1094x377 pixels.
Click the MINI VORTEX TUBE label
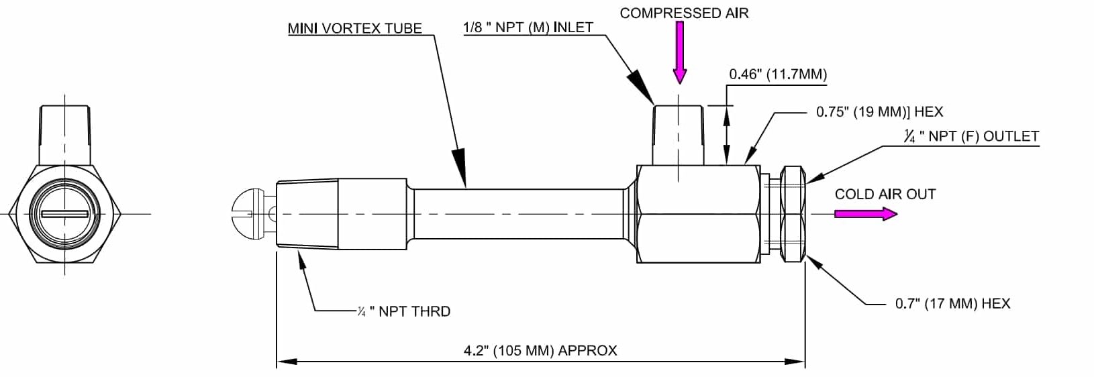[354, 28]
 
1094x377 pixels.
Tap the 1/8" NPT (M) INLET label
[528, 28]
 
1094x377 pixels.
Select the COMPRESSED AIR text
[684, 13]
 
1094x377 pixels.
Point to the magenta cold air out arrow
[865, 214]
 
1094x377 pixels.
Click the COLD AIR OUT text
[885, 195]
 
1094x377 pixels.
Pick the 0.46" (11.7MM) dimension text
[778, 74]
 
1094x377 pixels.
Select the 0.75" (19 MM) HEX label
[879, 112]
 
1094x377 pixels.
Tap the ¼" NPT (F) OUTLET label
[971, 136]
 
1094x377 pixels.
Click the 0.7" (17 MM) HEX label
[952, 304]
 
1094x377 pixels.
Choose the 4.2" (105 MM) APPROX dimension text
[540, 350]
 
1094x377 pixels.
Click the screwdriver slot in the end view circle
[64, 214]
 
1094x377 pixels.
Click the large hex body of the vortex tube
[698, 213]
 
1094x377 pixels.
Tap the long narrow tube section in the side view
[520, 213]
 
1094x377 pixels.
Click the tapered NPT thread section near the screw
[307, 214]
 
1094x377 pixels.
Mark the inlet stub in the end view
[64, 134]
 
